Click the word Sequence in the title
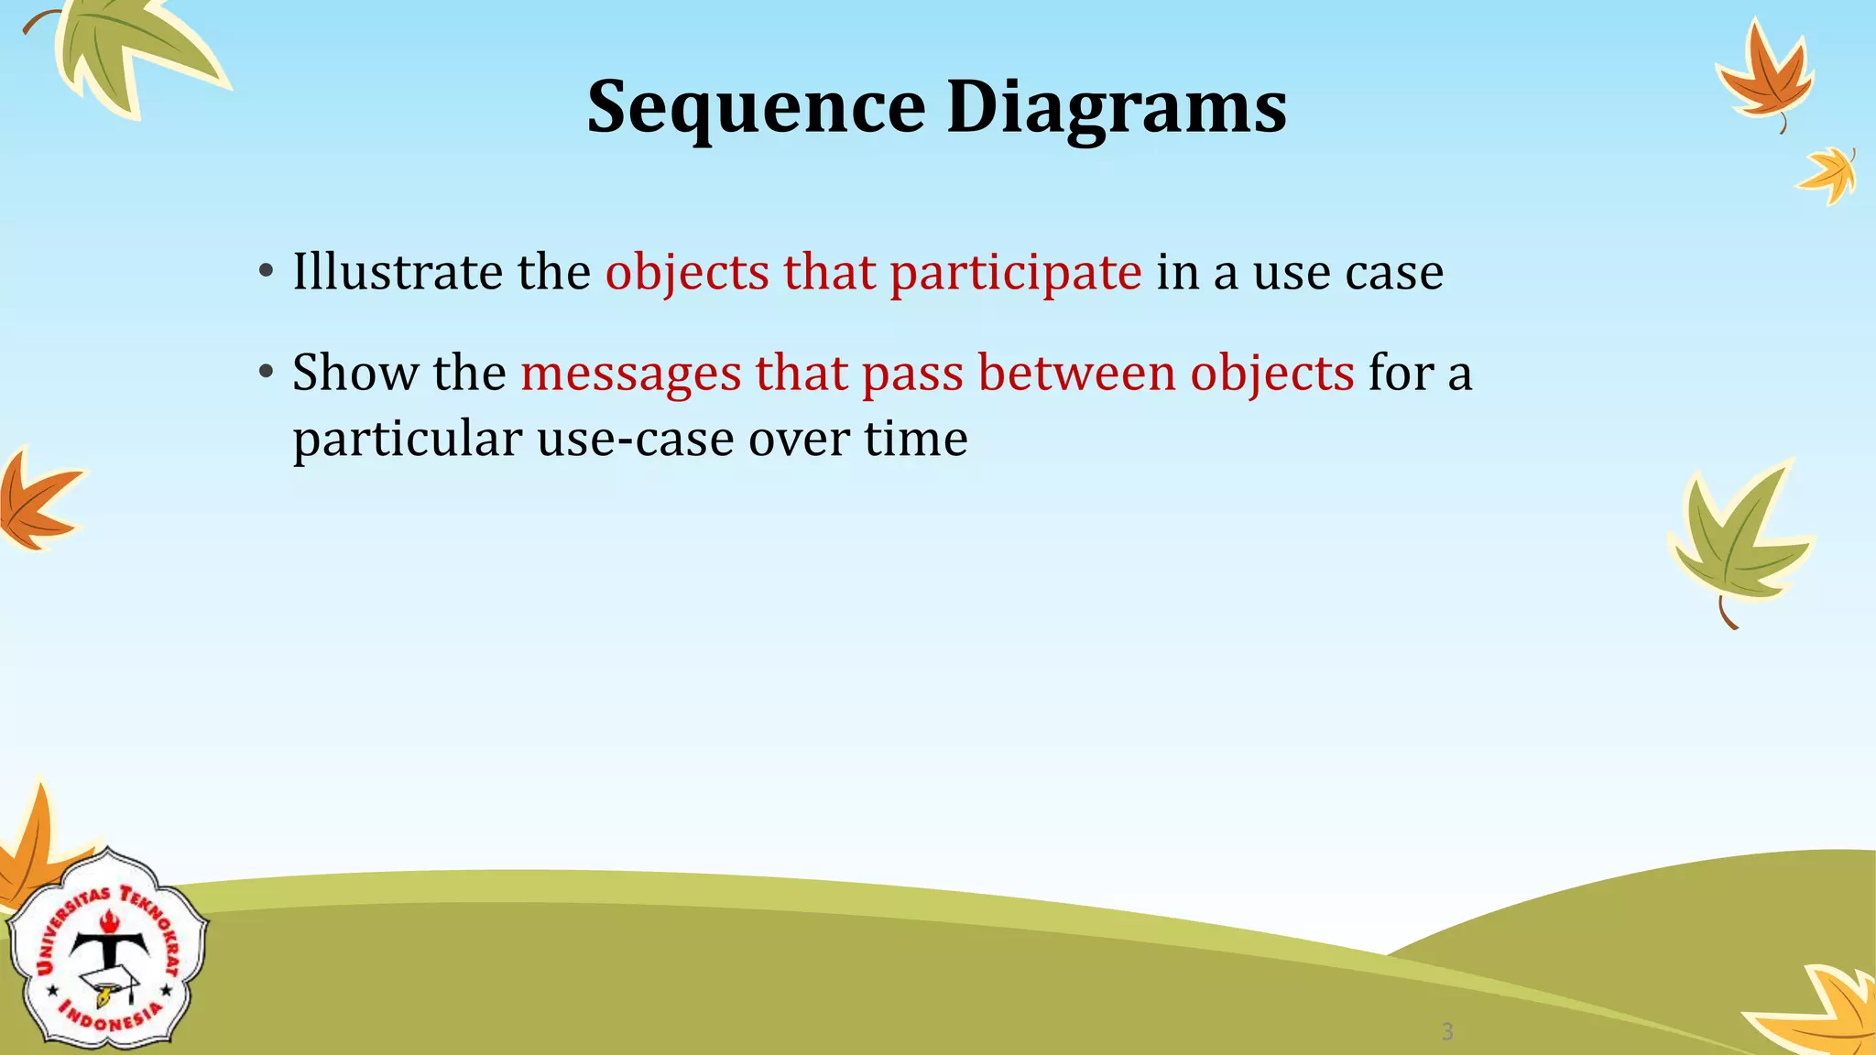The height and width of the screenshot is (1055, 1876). pyautogui.click(x=756, y=108)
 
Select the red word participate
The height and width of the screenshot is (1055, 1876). pyautogui.click(x=1015, y=273)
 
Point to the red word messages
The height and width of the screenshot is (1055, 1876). pyautogui.click(x=631, y=374)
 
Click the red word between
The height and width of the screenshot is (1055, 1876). pyautogui.click(x=1076, y=373)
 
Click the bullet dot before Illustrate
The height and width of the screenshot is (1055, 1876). pyautogui.click(x=266, y=272)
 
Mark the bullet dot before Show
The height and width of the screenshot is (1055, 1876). pyautogui.click(x=266, y=373)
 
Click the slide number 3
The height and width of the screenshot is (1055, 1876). pyautogui.click(x=1447, y=1032)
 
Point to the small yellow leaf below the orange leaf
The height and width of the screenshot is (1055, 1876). pyautogui.click(x=1829, y=176)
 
